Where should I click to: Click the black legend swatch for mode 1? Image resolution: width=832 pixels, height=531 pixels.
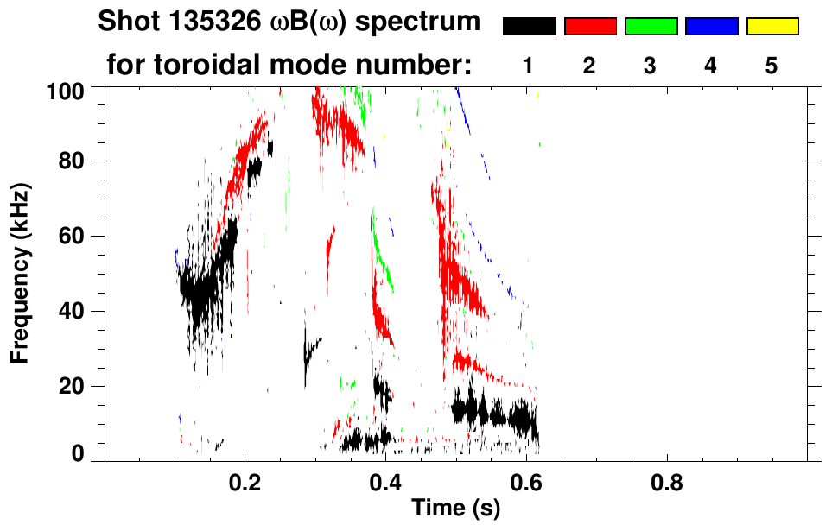click(529, 27)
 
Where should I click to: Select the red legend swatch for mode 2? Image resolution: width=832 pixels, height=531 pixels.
click(590, 27)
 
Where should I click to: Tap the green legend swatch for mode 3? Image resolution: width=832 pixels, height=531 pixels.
click(651, 27)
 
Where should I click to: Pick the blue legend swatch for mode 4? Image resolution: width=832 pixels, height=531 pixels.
click(711, 27)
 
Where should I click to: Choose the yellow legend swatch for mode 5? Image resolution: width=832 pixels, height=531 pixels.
click(772, 27)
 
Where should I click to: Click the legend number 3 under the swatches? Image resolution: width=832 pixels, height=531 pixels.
click(651, 66)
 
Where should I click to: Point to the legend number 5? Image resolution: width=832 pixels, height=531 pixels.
click(772, 66)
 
